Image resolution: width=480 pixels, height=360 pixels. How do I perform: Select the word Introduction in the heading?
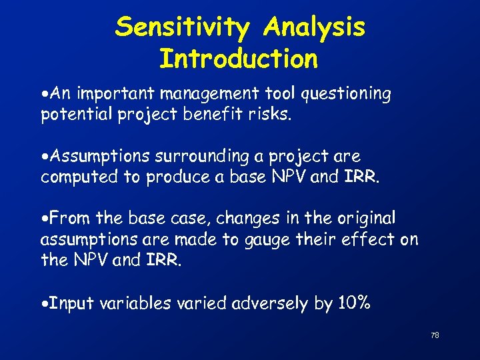(x=239, y=59)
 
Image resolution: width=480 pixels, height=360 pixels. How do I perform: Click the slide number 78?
(x=435, y=335)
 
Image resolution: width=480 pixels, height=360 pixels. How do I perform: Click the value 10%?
(x=353, y=304)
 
